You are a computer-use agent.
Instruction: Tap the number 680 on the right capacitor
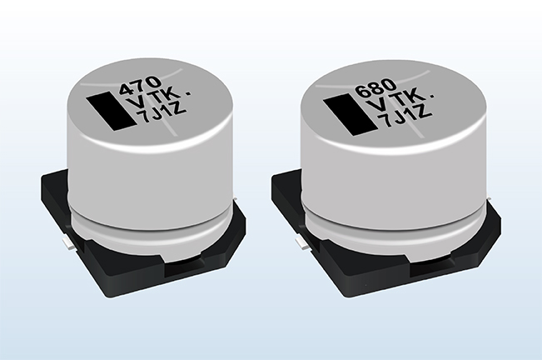click(x=375, y=87)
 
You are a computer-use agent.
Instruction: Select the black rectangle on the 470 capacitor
click(x=110, y=111)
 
